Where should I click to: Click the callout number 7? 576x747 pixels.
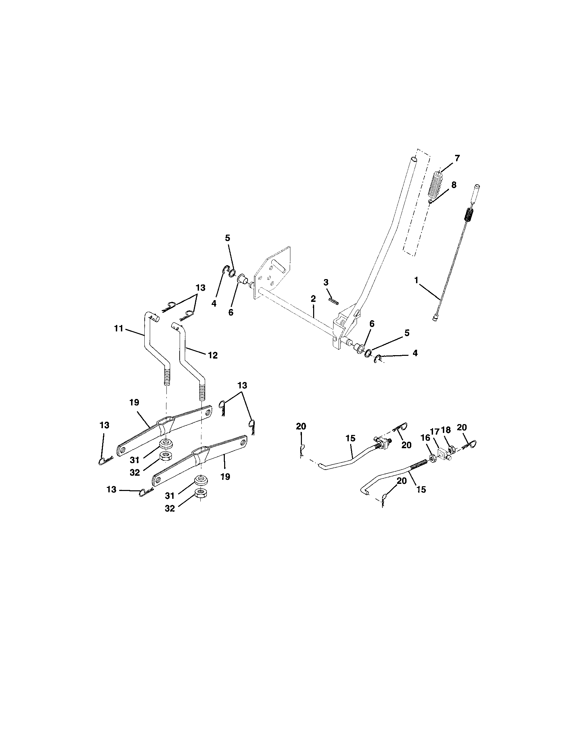[457, 158]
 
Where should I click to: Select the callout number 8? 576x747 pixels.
[453, 185]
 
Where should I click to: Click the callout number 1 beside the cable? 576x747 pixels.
[416, 280]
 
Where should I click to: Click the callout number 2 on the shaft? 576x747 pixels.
[313, 298]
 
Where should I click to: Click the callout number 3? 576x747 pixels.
[326, 282]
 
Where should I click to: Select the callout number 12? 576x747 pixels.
[212, 356]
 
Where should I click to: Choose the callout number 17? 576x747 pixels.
[434, 432]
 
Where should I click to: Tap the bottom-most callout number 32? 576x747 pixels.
[170, 509]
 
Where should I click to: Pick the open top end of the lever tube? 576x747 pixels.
[414, 159]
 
